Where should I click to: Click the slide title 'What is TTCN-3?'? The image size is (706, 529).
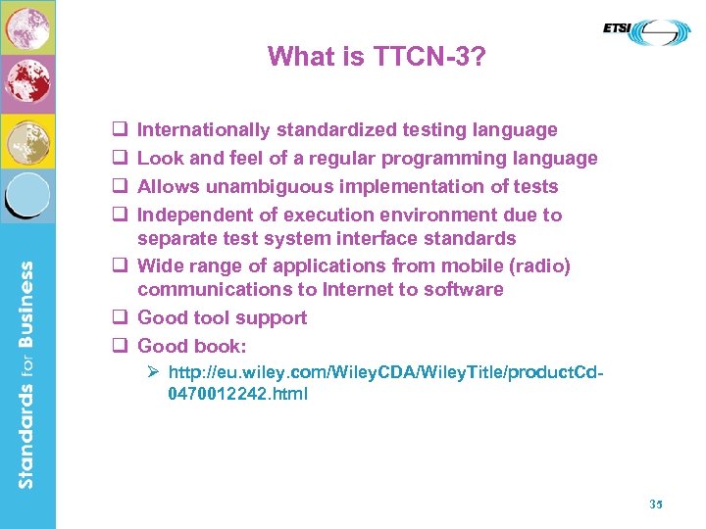(x=376, y=57)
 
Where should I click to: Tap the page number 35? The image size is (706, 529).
(x=657, y=504)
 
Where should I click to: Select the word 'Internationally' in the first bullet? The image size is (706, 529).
(x=204, y=130)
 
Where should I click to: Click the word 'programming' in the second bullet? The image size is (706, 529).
(x=439, y=159)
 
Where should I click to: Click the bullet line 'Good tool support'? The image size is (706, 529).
(x=223, y=318)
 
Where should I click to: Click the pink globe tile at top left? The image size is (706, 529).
(x=27, y=27)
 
